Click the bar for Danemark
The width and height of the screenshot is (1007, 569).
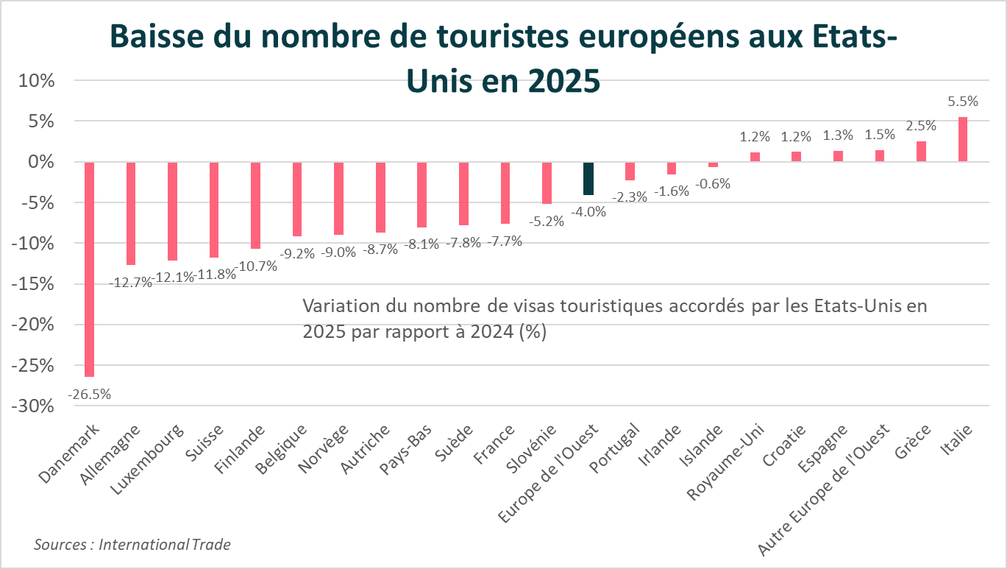(89, 269)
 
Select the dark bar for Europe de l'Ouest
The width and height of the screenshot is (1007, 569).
(588, 178)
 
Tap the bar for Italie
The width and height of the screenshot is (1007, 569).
(962, 139)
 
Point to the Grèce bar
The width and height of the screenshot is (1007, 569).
(921, 151)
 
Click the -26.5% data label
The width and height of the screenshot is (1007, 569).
(89, 395)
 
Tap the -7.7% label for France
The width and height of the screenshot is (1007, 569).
(505, 241)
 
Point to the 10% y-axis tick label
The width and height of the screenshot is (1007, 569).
(38, 80)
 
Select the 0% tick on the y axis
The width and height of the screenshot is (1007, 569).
(42, 162)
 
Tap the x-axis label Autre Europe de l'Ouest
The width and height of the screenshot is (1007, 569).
(826, 490)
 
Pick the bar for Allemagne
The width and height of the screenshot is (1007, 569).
(131, 213)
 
